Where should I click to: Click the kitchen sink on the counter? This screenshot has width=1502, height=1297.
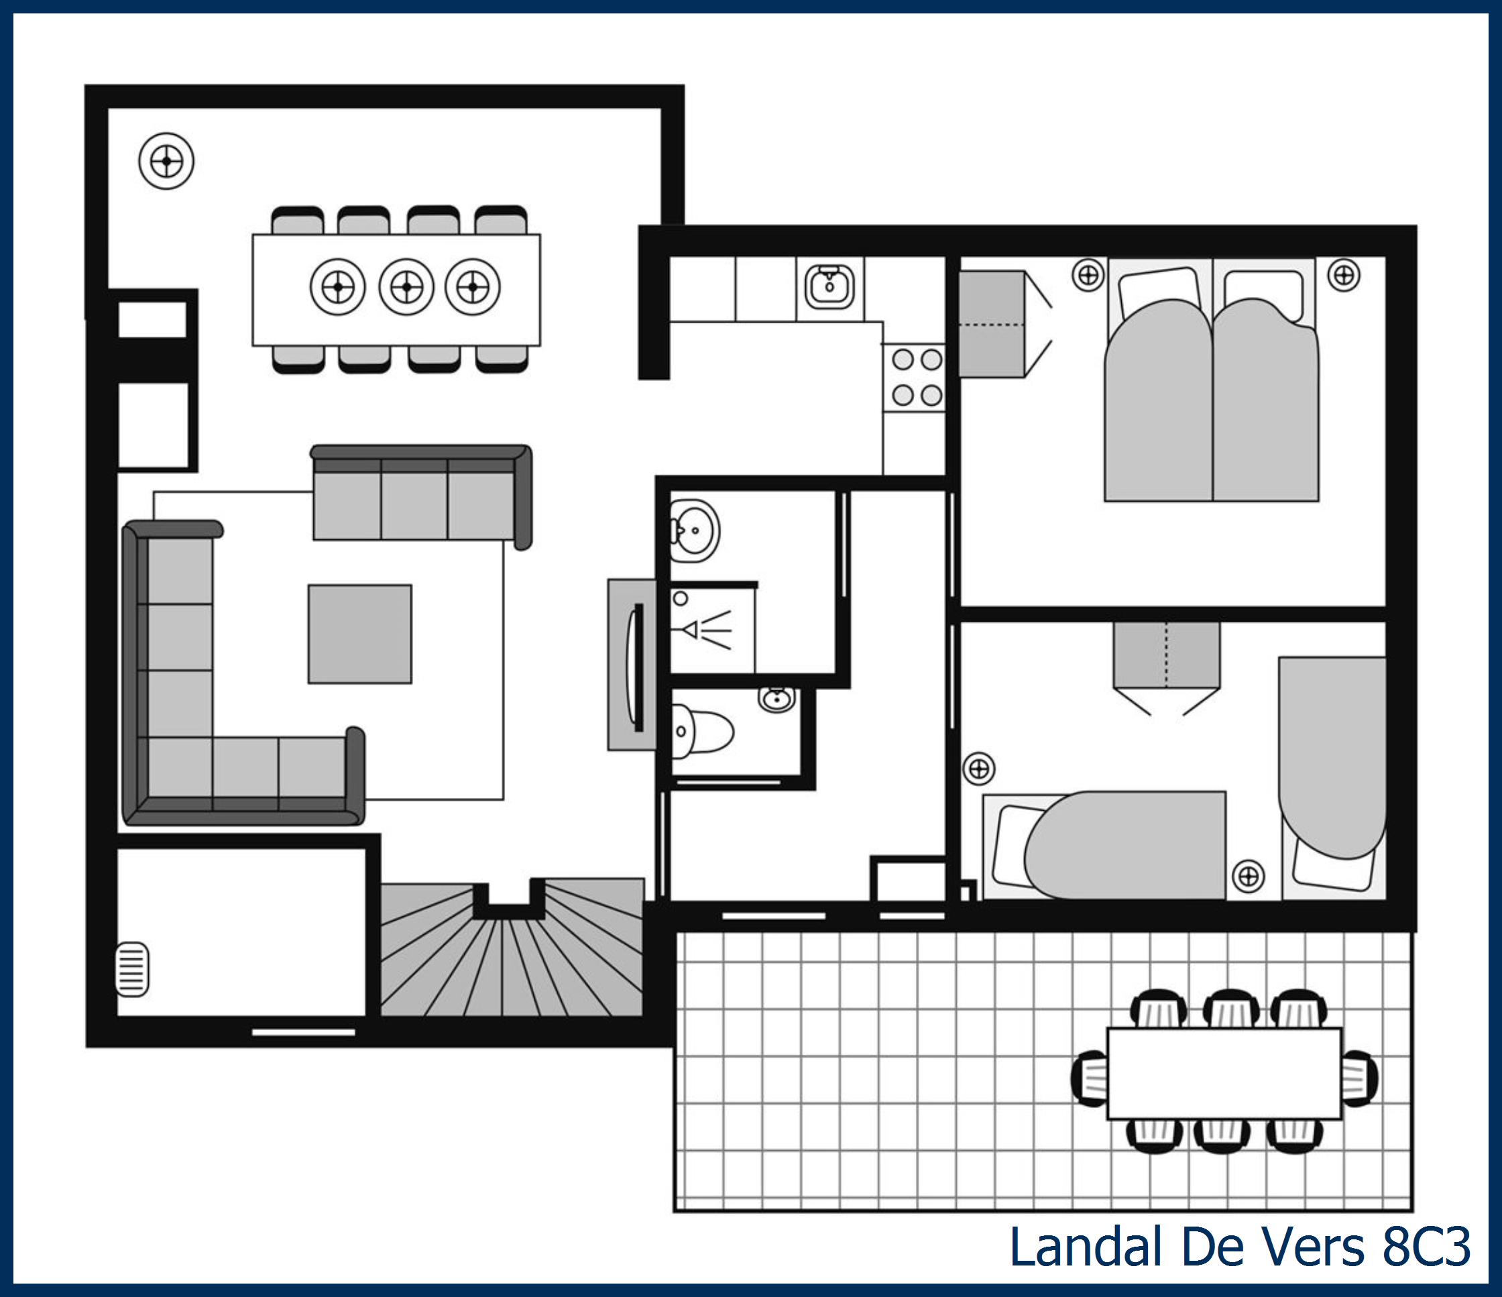click(830, 286)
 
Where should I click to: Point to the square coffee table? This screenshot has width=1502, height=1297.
click(359, 634)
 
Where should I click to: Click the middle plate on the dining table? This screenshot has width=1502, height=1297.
click(406, 286)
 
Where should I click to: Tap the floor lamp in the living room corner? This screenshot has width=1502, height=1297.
click(166, 161)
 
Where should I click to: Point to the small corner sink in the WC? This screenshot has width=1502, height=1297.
click(777, 699)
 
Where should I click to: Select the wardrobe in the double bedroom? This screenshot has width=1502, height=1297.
click(992, 324)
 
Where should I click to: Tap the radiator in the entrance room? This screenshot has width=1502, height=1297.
click(132, 968)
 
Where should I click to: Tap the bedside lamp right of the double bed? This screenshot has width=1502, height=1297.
click(1343, 276)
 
